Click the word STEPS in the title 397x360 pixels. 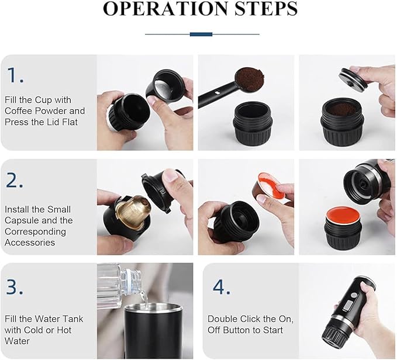click(x=266, y=9)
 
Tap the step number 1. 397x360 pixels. click(x=15, y=75)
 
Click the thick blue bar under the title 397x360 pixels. click(x=201, y=34)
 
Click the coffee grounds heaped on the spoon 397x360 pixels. click(x=250, y=79)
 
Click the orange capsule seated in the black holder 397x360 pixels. click(x=343, y=215)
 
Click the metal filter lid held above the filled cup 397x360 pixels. click(x=354, y=80)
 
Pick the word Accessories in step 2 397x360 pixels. click(x=30, y=243)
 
